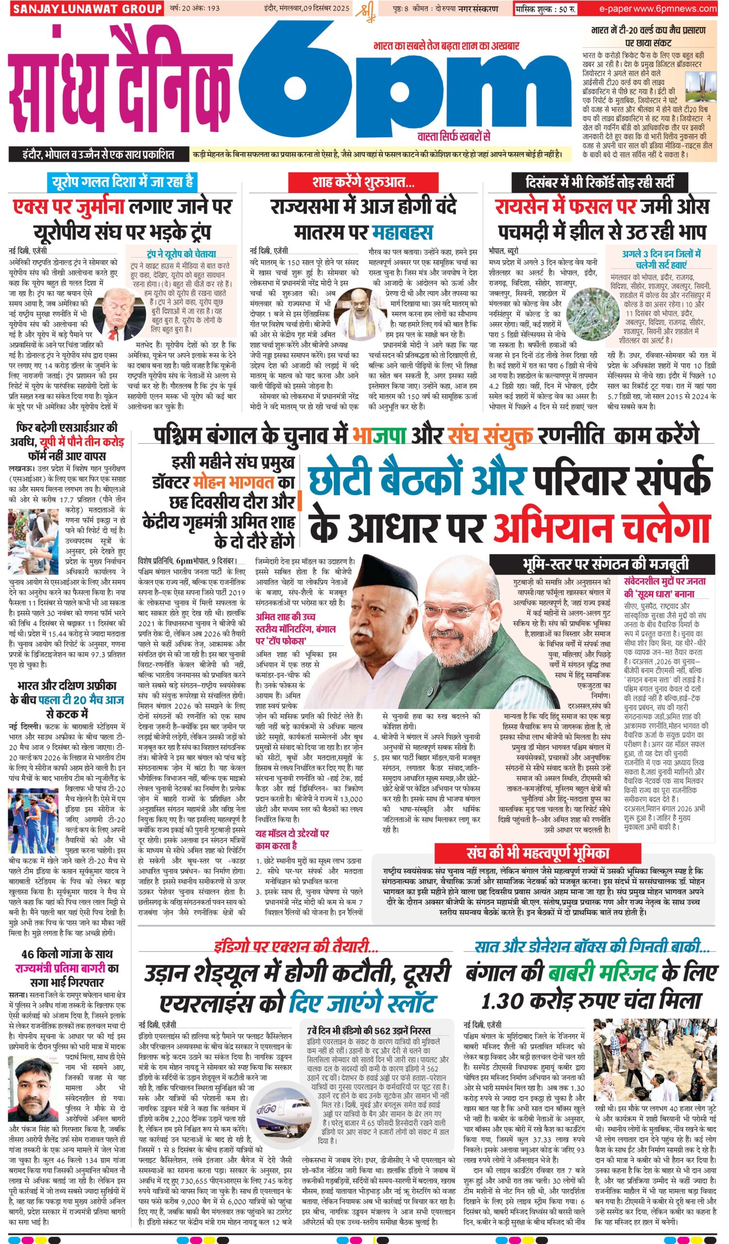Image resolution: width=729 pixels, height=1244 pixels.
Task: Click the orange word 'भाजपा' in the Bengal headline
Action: coord(379,436)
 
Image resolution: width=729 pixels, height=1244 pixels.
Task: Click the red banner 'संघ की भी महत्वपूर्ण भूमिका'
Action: coord(538,852)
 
